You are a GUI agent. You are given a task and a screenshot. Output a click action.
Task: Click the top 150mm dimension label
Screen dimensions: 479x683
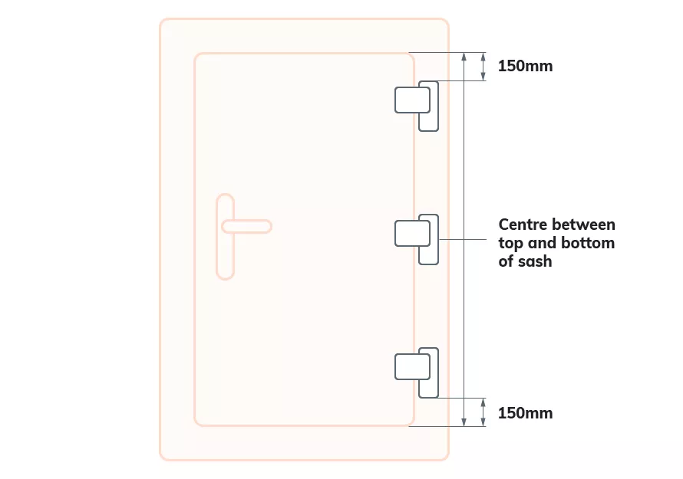525,66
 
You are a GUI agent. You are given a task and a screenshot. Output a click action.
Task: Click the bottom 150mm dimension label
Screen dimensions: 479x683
525,413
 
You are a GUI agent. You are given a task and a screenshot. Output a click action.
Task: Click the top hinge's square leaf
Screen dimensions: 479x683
411,100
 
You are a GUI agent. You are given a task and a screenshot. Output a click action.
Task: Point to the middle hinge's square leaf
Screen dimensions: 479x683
411,233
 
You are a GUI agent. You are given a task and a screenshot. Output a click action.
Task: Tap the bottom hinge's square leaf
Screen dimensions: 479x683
411,366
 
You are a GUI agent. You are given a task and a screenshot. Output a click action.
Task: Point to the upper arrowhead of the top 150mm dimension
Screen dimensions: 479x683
483,56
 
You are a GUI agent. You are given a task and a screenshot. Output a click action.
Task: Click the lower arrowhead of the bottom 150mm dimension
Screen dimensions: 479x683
483,422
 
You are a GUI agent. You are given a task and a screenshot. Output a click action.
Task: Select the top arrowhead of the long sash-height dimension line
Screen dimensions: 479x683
464,57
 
